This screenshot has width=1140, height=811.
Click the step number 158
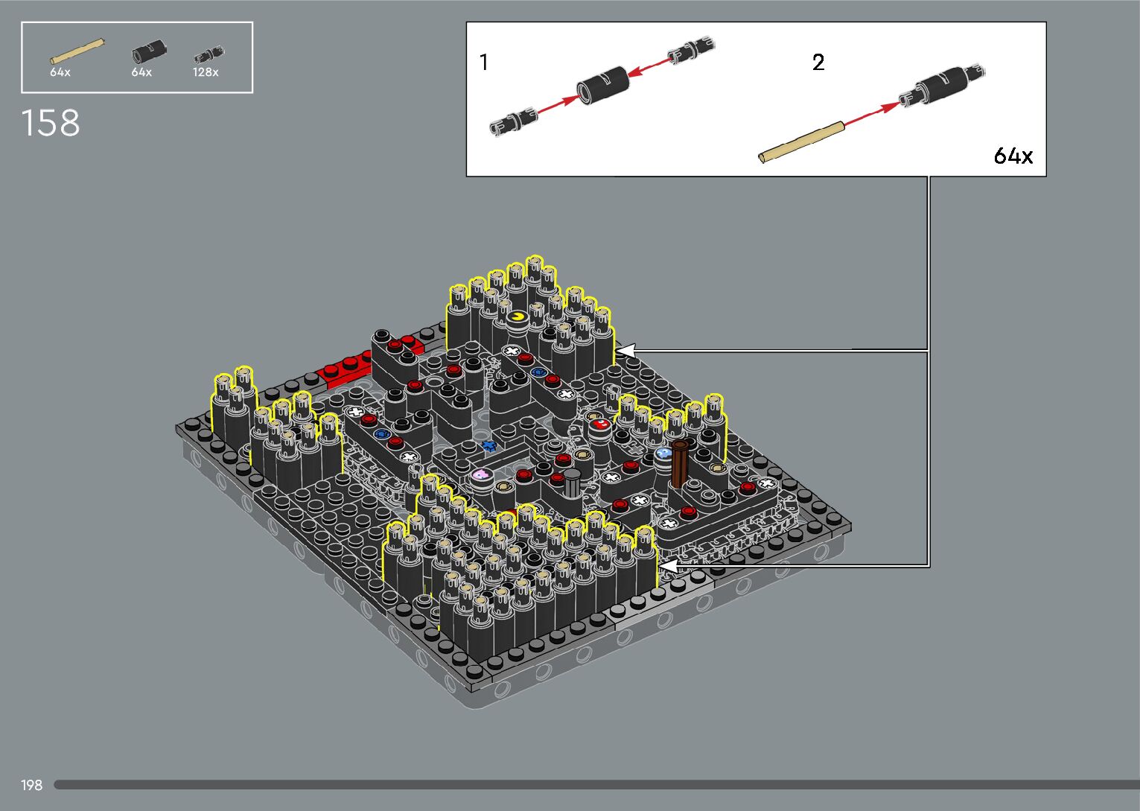coord(51,123)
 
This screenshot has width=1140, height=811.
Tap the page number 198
coord(31,785)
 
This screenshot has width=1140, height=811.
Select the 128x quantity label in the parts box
coord(206,72)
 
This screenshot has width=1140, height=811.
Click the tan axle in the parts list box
coord(77,51)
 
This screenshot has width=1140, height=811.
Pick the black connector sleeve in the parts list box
coord(149,52)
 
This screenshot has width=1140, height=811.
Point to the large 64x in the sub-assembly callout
coord(1013,156)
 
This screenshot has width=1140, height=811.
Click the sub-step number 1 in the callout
coord(484,63)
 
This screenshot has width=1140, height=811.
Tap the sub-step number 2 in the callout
coord(818,63)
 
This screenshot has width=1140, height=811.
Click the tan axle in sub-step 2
coord(801,142)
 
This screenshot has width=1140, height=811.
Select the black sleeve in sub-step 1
coord(603,85)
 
